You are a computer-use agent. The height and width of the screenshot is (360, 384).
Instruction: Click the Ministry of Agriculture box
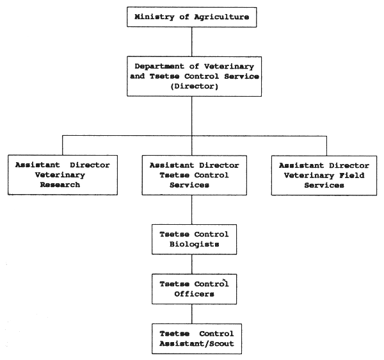[x=193, y=17]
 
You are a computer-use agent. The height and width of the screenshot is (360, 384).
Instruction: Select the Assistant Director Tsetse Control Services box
[x=193, y=175]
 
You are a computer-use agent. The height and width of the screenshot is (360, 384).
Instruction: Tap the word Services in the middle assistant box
[x=193, y=185]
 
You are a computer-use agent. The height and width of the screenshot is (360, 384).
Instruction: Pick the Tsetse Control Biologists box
[x=193, y=239]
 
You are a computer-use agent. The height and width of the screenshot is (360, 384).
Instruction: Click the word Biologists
[x=193, y=244]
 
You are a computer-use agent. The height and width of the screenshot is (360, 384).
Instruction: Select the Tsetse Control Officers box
[x=193, y=288]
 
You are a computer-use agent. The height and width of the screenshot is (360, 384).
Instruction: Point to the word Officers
[x=193, y=294]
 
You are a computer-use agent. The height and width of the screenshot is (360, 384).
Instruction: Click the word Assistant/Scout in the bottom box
[x=193, y=344]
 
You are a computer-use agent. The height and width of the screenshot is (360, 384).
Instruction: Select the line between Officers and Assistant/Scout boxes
[x=193, y=313]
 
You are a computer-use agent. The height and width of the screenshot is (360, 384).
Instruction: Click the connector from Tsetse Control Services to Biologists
[x=193, y=209]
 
